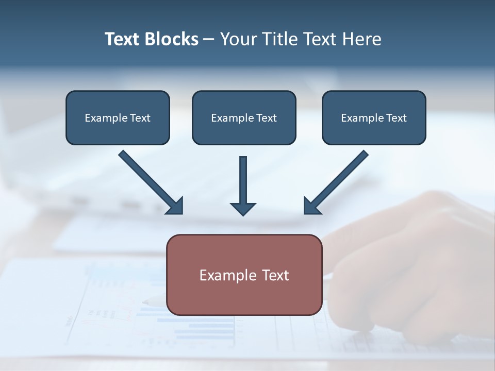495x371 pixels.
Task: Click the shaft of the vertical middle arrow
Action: pos(243,178)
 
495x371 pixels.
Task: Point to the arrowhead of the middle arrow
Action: pos(243,209)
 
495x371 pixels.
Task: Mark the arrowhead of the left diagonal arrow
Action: pos(176,207)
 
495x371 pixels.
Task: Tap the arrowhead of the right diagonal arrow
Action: pos(311,207)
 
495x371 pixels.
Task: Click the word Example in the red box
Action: pos(226,275)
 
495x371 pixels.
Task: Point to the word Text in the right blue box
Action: pos(396,118)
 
